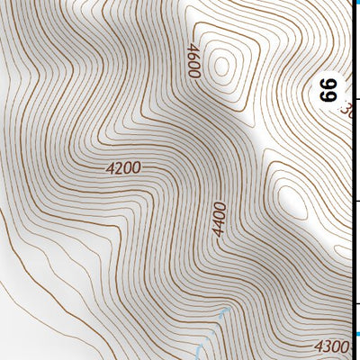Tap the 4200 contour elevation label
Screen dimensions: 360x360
point(123,166)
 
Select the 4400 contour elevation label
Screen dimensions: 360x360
point(219,219)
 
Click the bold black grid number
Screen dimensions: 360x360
point(328,89)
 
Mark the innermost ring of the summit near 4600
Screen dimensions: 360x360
point(222,64)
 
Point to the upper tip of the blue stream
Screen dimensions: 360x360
point(225,310)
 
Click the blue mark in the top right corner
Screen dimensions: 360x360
point(357,3)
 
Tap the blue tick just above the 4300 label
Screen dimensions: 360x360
point(356,334)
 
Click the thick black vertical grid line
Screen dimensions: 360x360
point(358,180)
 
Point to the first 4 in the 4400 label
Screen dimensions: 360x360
point(219,232)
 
